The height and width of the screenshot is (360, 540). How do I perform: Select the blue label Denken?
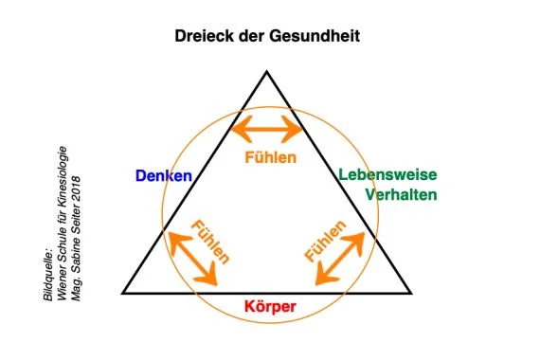163,176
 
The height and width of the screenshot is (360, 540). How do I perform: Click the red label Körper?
270,308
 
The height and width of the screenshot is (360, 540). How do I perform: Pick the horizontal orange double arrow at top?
267,127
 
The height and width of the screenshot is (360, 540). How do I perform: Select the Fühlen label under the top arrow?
270,156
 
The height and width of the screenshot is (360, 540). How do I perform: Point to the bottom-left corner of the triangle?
124,293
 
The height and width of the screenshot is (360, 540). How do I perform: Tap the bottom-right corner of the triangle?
410,293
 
